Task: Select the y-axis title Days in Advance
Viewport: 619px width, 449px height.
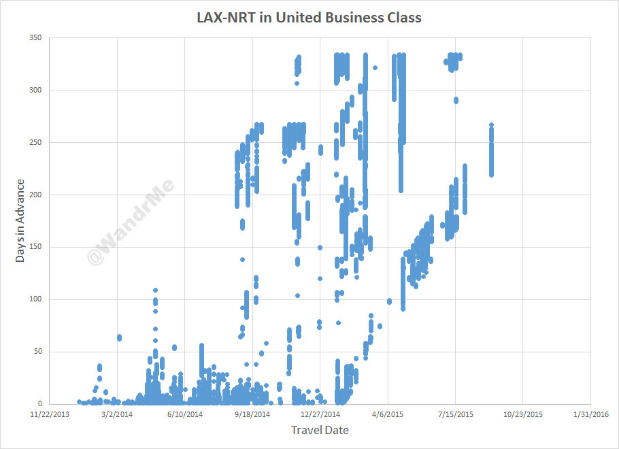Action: (x=21, y=220)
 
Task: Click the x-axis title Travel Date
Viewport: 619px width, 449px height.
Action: (x=319, y=430)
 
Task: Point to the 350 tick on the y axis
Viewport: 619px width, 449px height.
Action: (x=35, y=38)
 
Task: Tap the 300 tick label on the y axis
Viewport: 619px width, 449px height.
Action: (x=35, y=90)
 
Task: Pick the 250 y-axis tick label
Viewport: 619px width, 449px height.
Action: (x=35, y=143)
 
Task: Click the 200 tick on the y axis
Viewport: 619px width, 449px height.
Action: (x=35, y=195)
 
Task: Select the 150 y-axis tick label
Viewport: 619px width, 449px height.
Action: (x=35, y=248)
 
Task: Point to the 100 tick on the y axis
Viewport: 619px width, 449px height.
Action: (x=35, y=300)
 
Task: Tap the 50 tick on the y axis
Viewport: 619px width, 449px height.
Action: (x=37, y=352)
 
